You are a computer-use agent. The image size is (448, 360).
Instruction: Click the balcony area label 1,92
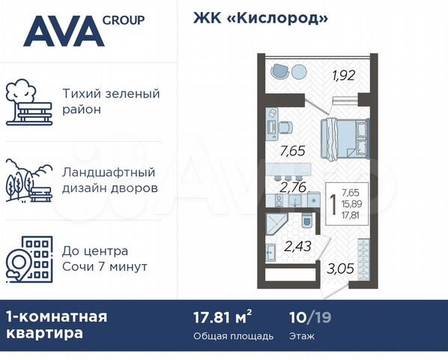344,74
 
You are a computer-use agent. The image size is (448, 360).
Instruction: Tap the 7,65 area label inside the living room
291,151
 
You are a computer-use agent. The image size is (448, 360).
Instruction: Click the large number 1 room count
333,204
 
